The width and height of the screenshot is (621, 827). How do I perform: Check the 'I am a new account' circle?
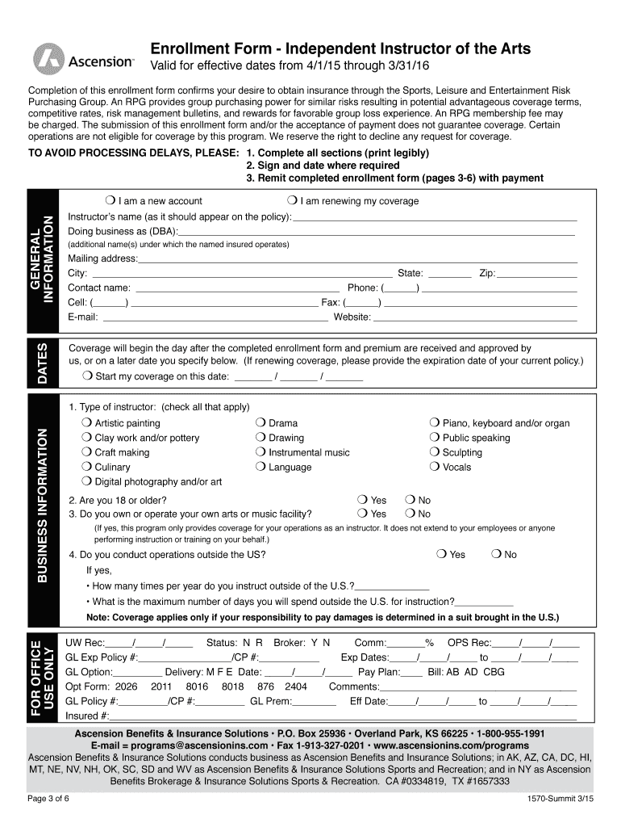(x=109, y=200)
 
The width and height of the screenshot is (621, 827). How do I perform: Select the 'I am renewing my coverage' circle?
(x=291, y=200)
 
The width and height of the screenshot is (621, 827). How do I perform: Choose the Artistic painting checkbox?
(x=86, y=423)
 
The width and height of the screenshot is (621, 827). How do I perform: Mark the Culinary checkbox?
(x=86, y=467)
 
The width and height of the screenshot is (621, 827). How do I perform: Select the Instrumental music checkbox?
(x=260, y=452)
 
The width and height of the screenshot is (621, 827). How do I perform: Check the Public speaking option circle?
(x=435, y=438)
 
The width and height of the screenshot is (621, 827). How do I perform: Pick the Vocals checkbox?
(x=435, y=467)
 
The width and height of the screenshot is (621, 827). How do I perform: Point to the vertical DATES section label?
(x=42, y=363)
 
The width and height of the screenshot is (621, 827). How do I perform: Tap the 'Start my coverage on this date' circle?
(x=87, y=376)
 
